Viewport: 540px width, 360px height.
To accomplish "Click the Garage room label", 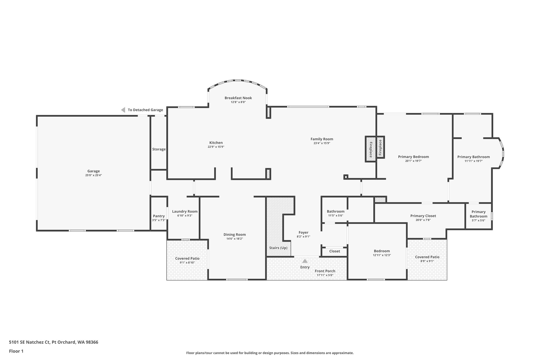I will pos(93,171).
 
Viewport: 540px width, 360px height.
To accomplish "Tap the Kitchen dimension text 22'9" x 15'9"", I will pos(216,147).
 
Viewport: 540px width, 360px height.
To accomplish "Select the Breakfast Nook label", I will pos(238,98).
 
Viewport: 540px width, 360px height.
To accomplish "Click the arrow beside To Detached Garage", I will pos(123,110).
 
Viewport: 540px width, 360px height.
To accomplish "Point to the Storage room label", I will pos(159,149).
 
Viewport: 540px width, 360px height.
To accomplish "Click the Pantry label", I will pos(159,216).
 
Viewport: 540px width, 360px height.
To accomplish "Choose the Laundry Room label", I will pos(185,211).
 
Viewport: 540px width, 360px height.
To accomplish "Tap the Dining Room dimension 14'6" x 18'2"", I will pos(234,239).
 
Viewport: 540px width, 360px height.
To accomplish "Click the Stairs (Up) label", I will pos(278,248).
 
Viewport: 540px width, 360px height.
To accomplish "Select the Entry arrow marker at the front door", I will pos(305,261).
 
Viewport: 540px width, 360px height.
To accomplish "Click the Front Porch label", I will pos(325,271).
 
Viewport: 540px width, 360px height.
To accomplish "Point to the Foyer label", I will pos(303,232).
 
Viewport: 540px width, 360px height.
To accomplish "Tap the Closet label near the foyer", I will pos(334,251).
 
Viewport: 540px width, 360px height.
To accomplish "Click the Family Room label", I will pos(322,139).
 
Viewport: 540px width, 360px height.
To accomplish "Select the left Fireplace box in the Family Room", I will pos(370,149).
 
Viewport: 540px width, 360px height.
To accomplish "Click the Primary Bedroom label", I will pos(413,157).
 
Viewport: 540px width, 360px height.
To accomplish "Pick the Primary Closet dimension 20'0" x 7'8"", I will pos(423,220).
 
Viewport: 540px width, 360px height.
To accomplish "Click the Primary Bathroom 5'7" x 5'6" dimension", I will pos(478,220).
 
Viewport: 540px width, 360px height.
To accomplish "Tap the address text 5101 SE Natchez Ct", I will pos(30,342).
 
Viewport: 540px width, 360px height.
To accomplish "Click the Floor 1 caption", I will pos(16,351).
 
